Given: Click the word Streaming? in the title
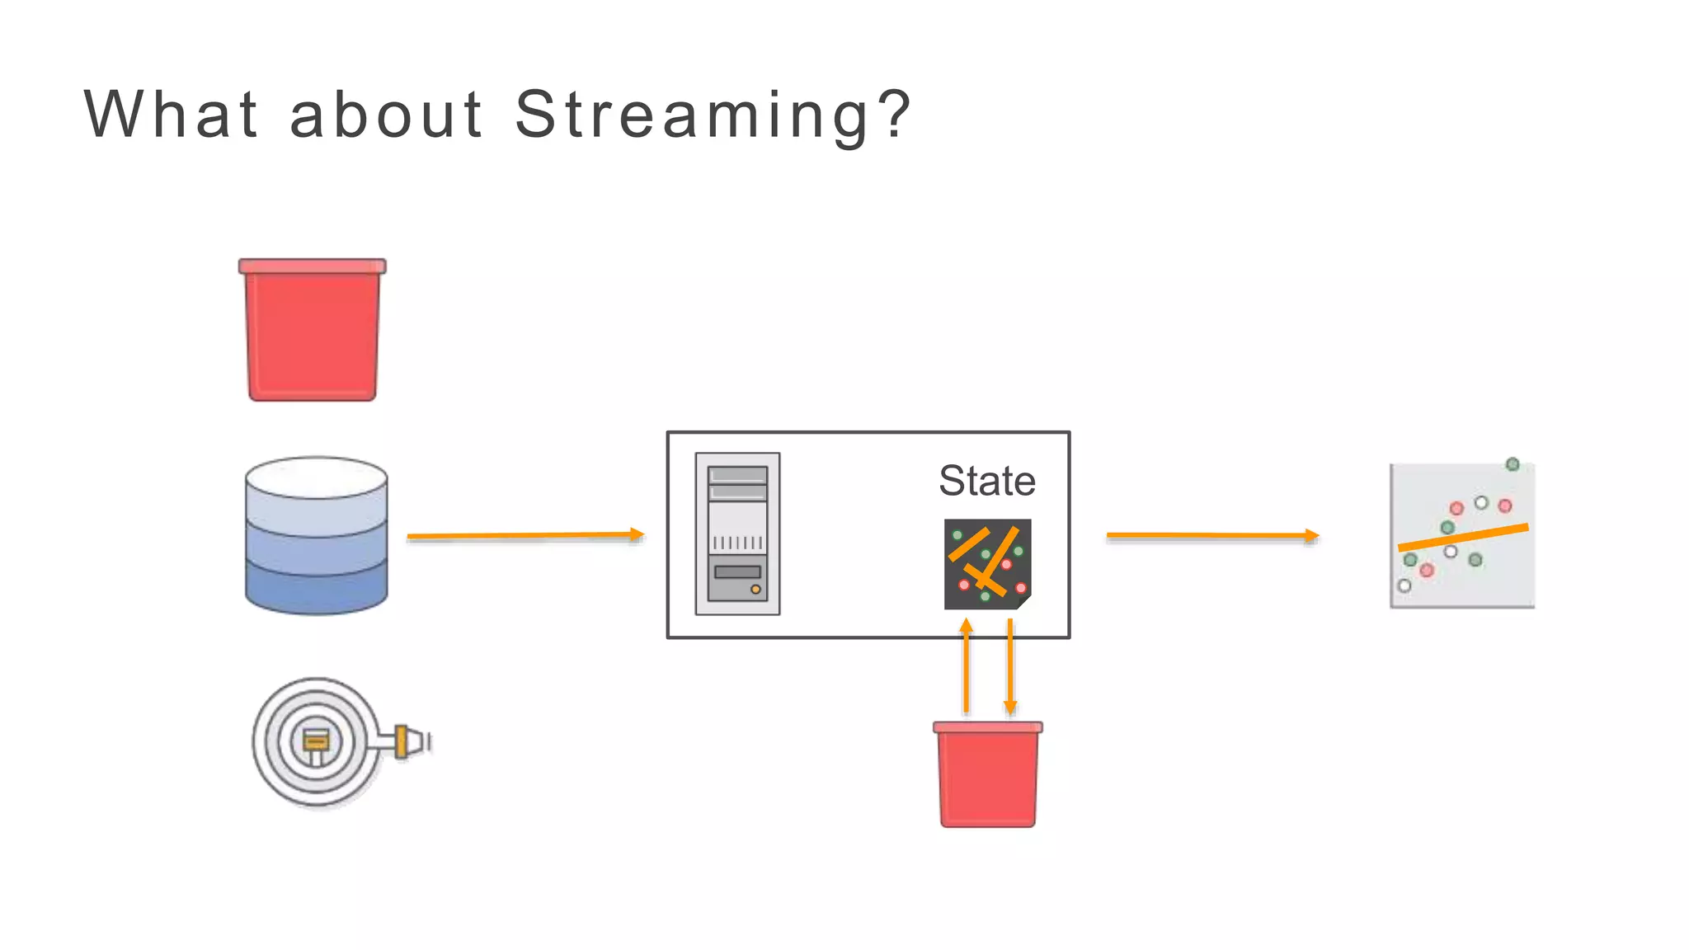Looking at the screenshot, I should coord(713,115).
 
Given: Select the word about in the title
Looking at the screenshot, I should coord(386,115).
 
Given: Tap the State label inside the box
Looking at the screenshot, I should coord(987,481).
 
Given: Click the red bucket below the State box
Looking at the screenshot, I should coord(987,775).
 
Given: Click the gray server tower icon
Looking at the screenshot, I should coord(737,534).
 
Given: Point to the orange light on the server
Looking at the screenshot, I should coord(755,590).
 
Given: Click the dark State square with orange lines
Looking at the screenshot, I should coord(987,564).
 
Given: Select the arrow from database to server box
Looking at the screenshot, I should coord(525,535).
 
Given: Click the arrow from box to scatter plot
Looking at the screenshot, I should coord(1212,535).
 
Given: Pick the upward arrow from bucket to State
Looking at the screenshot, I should coord(967,668).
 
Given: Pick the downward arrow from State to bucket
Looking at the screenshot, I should coord(1010,668).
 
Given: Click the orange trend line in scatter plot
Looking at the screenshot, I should coord(1463,538).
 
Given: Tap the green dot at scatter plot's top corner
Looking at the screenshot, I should coord(1513,464).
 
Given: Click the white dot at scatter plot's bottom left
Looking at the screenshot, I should coord(1404,586).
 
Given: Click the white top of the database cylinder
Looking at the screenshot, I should coord(317,477).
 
